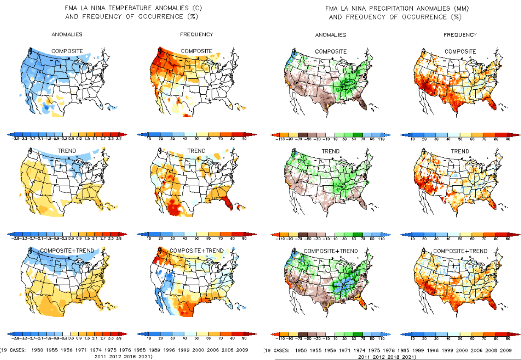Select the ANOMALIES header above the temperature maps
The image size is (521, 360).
[x=67, y=34]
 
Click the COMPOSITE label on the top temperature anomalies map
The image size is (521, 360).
[x=67, y=51]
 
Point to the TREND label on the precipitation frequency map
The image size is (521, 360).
[x=460, y=151]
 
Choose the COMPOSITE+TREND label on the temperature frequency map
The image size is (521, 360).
[x=196, y=251]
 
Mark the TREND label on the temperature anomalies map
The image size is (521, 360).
[x=67, y=151]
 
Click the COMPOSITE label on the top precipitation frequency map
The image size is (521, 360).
[x=460, y=52]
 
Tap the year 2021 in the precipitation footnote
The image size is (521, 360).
[x=407, y=357]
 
